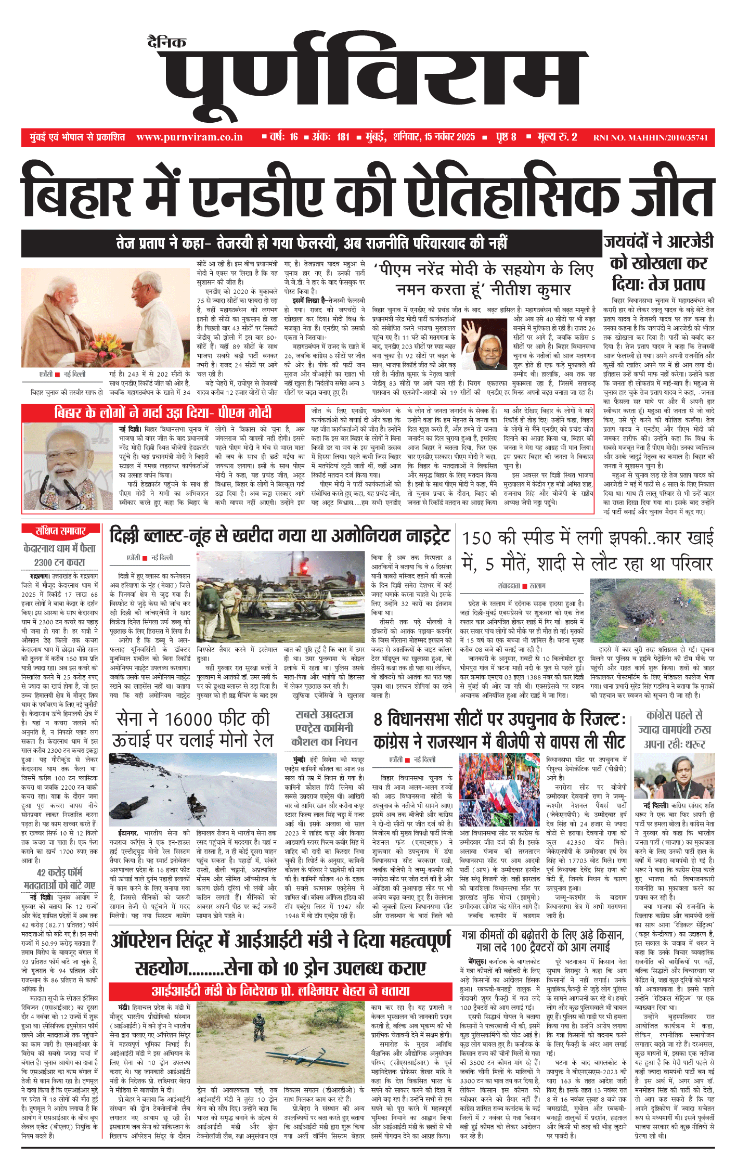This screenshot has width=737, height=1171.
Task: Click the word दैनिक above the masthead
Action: click(x=166, y=42)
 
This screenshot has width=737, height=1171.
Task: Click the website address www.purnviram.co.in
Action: click(x=189, y=137)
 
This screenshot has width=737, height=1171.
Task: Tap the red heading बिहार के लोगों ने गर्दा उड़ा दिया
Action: click(x=163, y=413)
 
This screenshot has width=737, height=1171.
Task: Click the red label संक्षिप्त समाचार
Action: click(x=60, y=531)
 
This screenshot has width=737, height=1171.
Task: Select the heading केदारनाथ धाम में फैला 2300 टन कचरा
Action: click(x=60, y=555)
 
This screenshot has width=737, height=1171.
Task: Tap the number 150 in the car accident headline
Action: click(x=477, y=538)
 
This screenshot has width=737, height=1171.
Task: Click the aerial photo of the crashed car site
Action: click(x=652, y=611)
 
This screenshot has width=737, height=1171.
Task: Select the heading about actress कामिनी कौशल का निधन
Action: click(x=324, y=728)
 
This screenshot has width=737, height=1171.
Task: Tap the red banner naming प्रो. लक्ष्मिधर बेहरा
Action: click(x=280, y=991)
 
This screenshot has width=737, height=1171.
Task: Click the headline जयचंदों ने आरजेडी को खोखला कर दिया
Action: click(x=658, y=263)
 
